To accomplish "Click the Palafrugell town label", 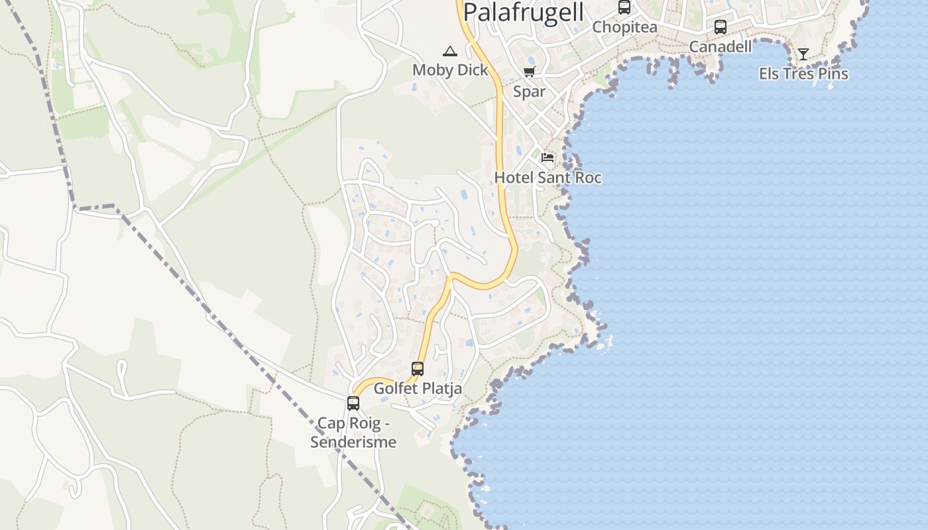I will click(x=524, y=12).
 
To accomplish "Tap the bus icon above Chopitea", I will click(x=624, y=7).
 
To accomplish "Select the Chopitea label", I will click(x=624, y=27).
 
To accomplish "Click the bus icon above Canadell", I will click(x=721, y=27).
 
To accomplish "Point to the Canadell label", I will click(x=721, y=46).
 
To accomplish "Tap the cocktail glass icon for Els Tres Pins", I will click(x=803, y=54).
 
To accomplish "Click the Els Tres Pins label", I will click(x=803, y=74).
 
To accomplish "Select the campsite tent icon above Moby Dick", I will click(x=450, y=51).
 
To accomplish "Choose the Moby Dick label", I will click(x=450, y=70).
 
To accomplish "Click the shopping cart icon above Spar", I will click(x=529, y=72).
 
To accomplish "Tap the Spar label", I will click(x=529, y=91).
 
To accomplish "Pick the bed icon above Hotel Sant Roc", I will click(x=548, y=158).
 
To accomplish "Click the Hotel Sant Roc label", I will click(x=548, y=178).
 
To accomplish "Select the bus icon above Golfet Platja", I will click(x=418, y=369).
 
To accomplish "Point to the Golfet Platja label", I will click(x=418, y=389).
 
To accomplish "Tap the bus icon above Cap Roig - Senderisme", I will click(x=353, y=403).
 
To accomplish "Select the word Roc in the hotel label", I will click(x=587, y=178).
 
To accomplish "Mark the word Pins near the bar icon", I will click(x=833, y=74).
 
